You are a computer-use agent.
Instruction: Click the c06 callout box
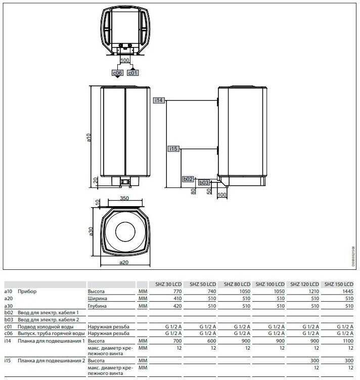(x=117, y=73)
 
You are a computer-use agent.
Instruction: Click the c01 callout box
(x=133, y=73)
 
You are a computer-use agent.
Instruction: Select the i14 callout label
(x=159, y=101)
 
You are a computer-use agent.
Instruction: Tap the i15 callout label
(x=173, y=149)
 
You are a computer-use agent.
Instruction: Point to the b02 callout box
(x=188, y=179)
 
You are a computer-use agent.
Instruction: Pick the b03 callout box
(x=204, y=182)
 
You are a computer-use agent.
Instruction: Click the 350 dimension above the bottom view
(x=124, y=198)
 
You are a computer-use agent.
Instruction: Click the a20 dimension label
(x=124, y=262)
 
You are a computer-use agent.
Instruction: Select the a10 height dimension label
(x=89, y=137)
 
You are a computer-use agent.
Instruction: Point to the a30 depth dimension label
(x=91, y=231)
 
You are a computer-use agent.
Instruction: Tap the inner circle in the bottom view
(x=125, y=231)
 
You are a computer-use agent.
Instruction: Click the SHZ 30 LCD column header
(x=168, y=284)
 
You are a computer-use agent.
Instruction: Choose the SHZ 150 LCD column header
(x=339, y=284)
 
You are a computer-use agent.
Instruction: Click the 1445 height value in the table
(x=348, y=291)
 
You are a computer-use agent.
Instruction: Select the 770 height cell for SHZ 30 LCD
(x=177, y=291)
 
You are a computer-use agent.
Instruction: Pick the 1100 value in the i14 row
(x=348, y=341)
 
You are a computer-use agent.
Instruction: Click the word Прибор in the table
(x=27, y=291)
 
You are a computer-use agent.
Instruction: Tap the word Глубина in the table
(x=97, y=306)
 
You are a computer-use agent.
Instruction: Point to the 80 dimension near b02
(x=193, y=191)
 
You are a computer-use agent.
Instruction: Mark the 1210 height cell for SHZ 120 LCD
(x=313, y=291)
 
